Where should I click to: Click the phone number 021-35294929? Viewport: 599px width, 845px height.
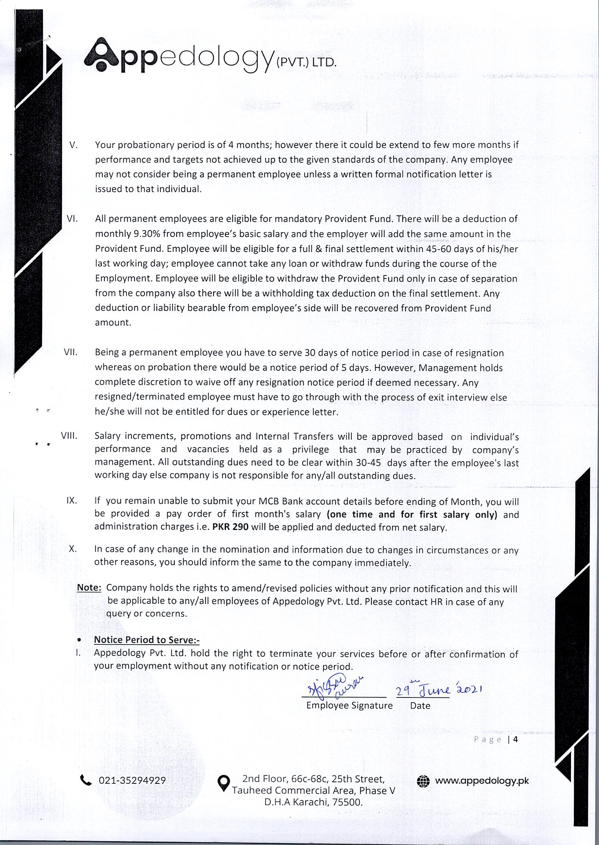(132, 781)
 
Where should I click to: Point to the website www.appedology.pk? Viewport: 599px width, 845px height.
(482, 781)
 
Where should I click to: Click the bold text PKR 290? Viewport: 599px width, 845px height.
(230, 527)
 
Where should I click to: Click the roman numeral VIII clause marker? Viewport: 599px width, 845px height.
(69, 436)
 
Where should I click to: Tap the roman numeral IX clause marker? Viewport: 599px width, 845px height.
(71, 501)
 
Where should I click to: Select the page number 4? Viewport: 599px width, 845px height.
(515, 739)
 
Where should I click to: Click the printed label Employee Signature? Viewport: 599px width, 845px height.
(349, 706)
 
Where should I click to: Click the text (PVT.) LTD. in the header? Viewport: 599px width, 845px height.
(306, 62)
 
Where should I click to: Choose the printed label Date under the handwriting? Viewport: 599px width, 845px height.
(420, 706)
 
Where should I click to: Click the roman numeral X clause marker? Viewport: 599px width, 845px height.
(73, 549)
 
